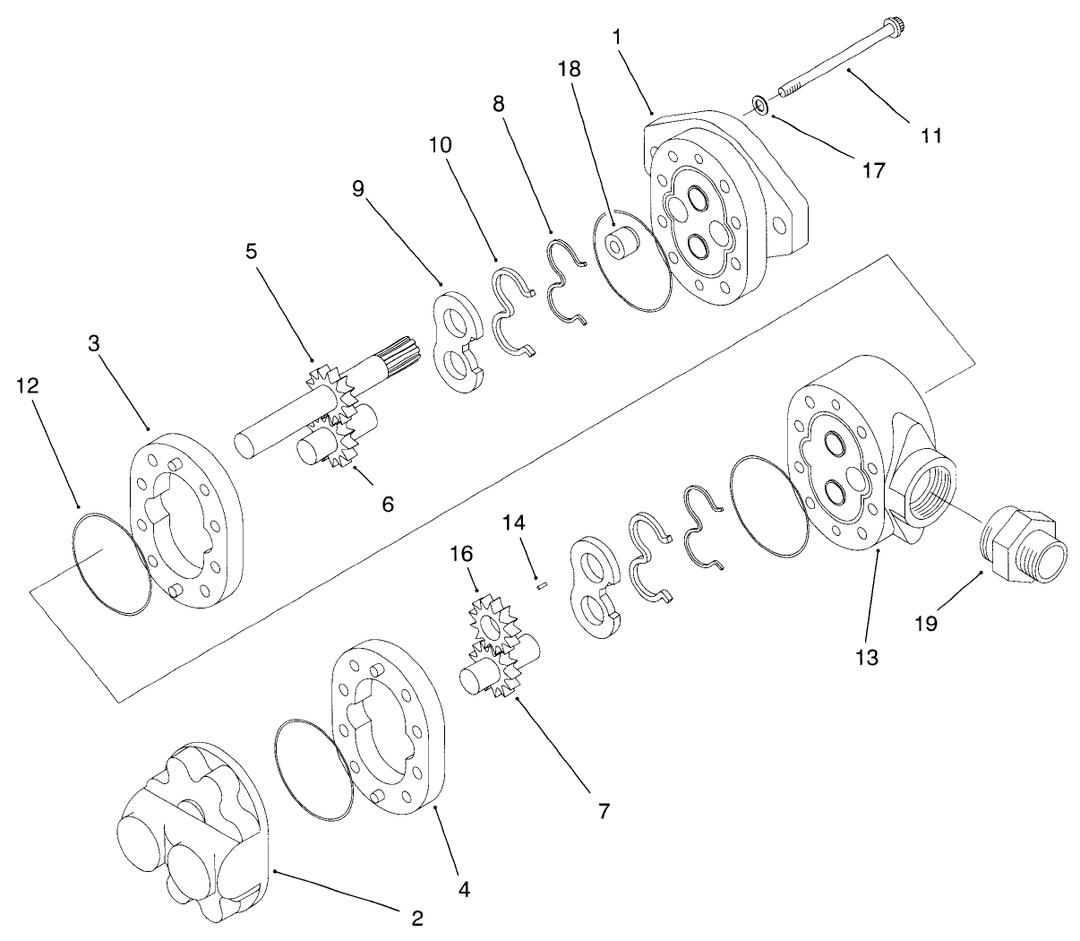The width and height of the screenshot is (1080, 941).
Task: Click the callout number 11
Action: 930,135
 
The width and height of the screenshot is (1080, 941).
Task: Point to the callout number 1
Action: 618,37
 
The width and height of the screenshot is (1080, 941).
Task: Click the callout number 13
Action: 866,656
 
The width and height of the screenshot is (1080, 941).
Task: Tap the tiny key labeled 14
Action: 541,587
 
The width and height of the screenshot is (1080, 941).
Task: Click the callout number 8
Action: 498,104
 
